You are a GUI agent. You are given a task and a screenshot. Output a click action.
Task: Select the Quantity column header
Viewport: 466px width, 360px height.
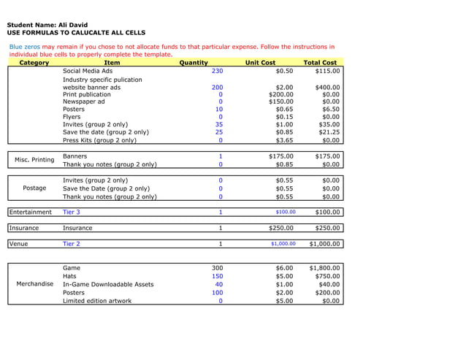point(194,63)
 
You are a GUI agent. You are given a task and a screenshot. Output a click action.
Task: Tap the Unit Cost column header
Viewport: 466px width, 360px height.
point(260,63)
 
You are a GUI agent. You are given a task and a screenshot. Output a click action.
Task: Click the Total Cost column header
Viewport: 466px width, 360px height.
point(320,63)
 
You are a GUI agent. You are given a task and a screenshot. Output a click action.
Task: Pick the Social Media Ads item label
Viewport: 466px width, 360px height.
point(88,72)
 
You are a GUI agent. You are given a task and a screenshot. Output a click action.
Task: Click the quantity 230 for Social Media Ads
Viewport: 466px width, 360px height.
point(217,72)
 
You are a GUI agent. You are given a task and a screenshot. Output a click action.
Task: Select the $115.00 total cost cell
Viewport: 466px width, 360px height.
point(326,72)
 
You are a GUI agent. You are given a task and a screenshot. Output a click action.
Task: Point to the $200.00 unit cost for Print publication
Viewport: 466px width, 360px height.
point(280,95)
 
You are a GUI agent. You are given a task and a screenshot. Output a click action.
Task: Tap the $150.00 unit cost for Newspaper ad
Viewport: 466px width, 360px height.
point(280,102)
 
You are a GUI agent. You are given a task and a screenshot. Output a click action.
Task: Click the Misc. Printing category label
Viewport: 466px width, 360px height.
point(34,160)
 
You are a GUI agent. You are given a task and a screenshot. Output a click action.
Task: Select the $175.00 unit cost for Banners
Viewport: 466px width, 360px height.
point(280,156)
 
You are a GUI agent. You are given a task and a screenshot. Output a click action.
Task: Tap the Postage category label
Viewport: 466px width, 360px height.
point(34,188)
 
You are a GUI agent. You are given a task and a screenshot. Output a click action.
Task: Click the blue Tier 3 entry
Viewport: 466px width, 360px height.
point(72,212)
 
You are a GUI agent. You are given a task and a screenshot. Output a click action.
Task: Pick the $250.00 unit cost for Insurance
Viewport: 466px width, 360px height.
point(280,228)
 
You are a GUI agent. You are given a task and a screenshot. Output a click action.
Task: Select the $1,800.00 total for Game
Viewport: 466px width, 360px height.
point(324,268)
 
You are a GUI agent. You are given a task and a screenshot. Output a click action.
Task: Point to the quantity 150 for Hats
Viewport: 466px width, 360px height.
point(217,276)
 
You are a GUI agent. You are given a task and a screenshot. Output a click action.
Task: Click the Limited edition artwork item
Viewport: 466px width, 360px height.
point(97,300)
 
